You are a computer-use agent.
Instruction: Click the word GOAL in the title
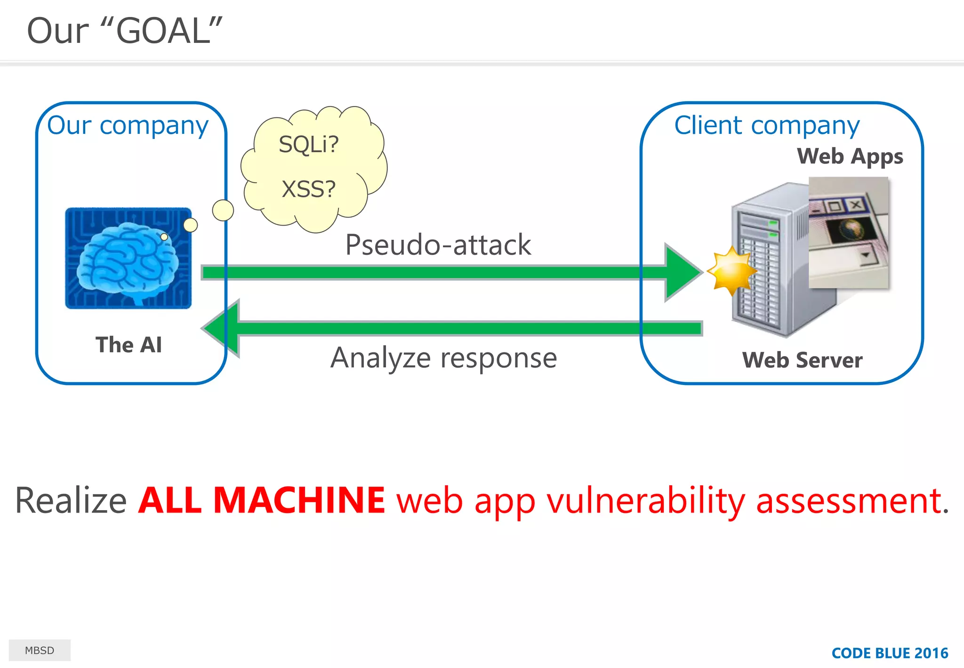163,31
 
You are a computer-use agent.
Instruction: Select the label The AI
129,345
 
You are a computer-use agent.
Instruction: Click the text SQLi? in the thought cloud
309,144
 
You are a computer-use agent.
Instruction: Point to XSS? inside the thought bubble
309,189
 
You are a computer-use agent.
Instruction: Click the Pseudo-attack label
438,245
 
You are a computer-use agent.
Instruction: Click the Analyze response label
443,358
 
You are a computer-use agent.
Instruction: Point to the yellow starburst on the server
731,271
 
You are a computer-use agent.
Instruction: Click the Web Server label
802,360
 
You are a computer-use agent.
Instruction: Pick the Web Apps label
850,156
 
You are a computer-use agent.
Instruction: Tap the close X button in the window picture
856,204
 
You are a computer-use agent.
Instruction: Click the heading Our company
128,126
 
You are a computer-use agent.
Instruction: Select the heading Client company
767,126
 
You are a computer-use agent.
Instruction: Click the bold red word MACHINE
299,500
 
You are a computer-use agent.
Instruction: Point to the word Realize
71,500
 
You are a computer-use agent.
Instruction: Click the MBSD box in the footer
40,650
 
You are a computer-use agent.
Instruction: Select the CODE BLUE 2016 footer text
890,653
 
